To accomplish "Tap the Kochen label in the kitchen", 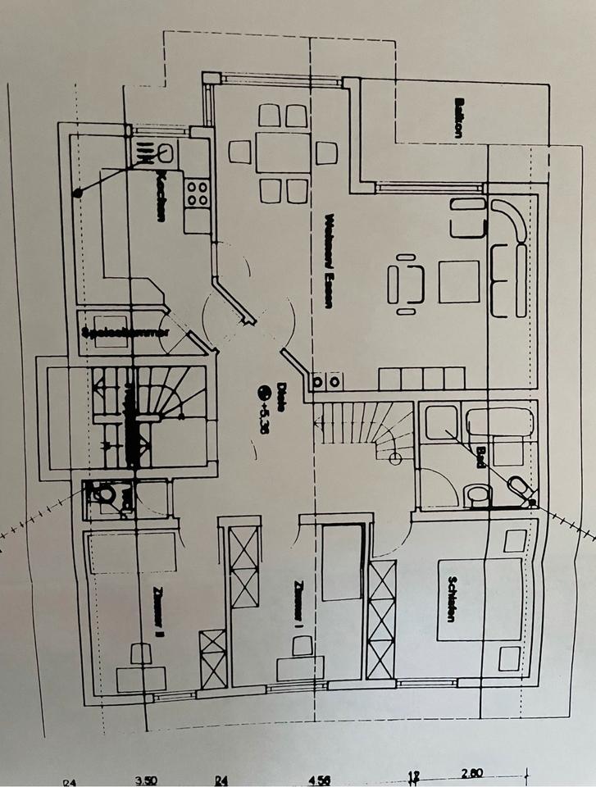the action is (162, 194).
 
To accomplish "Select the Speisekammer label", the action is (124, 333).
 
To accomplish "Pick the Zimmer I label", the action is (299, 605).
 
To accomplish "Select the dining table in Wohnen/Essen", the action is (283, 152).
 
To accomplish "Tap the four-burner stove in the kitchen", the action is (198, 193).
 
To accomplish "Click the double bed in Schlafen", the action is (480, 599).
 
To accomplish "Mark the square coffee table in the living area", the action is (458, 281).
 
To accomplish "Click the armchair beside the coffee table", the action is (407, 284).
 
